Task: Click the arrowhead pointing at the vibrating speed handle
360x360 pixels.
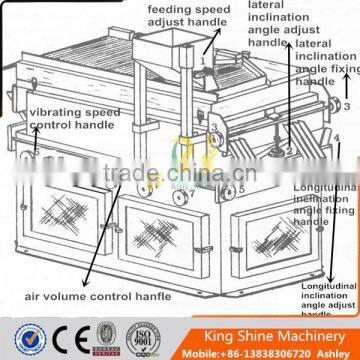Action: [x=36, y=156]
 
